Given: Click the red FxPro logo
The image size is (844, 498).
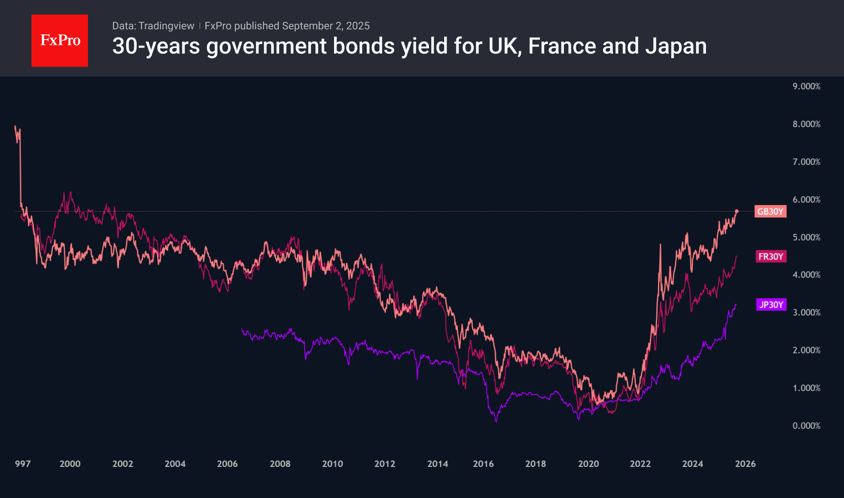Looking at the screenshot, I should (60, 40).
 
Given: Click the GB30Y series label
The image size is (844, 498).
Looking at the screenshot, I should (770, 211).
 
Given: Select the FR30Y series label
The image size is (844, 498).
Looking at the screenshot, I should (771, 256).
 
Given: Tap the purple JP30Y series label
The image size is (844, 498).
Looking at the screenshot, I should (771, 305).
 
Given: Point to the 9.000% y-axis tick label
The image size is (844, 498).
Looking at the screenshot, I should (806, 86).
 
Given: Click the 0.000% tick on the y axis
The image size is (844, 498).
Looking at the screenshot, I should (806, 426).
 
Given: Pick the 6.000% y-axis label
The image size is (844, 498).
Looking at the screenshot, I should (806, 200).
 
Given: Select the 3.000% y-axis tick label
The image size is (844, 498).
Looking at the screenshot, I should (806, 313).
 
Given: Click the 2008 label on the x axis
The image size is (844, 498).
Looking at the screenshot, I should (280, 464).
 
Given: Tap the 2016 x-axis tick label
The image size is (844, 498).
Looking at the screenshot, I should (483, 464).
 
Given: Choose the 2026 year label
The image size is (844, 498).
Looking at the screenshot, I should (745, 464).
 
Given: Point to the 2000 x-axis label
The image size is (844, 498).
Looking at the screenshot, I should (70, 464).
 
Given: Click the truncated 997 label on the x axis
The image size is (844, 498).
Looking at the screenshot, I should (23, 464).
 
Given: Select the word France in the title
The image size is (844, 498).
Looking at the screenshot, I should (562, 46).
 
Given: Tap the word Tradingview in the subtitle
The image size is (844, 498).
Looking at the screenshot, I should (166, 26).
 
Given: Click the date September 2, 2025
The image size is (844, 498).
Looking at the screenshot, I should (326, 26).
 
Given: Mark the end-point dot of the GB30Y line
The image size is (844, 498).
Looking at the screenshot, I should (737, 211).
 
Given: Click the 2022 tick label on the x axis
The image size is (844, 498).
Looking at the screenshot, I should (640, 464).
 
